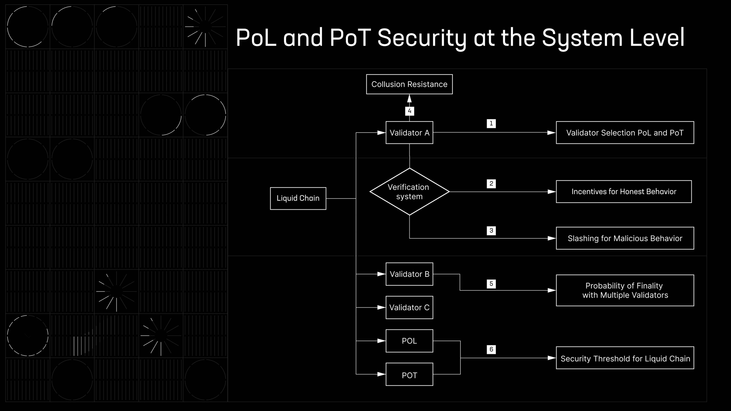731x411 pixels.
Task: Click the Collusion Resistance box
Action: pyautogui.click(x=409, y=84)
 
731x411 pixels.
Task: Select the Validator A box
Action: pyautogui.click(x=409, y=133)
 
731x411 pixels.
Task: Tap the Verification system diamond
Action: pyautogui.click(x=409, y=192)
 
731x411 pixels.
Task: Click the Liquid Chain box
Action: pyautogui.click(x=298, y=198)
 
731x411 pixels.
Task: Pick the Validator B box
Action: pyautogui.click(x=409, y=274)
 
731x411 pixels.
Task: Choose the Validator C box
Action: pyautogui.click(x=409, y=307)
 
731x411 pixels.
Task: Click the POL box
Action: pyautogui.click(x=409, y=341)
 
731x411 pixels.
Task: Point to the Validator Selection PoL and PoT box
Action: pyautogui.click(x=625, y=133)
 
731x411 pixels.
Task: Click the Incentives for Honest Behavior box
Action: pyautogui.click(x=624, y=192)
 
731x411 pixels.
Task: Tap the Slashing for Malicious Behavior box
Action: pyautogui.click(x=625, y=238)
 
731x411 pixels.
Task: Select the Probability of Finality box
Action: pyautogui.click(x=625, y=290)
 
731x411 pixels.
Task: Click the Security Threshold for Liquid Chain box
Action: pyautogui.click(x=625, y=358)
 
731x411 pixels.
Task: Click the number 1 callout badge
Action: pyautogui.click(x=491, y=123)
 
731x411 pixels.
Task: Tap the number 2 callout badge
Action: pyautogui.click(x=491, y=184)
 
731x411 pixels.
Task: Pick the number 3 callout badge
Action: pyautogui.click(x=491, y=231)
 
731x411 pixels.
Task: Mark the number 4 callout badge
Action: pyautogui.click(x=410, y=111)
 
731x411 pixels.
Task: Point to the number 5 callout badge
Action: pyautogui.click(x=491, y=284)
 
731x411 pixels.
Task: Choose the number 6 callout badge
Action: pyautogui.click(x=491, y=349)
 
